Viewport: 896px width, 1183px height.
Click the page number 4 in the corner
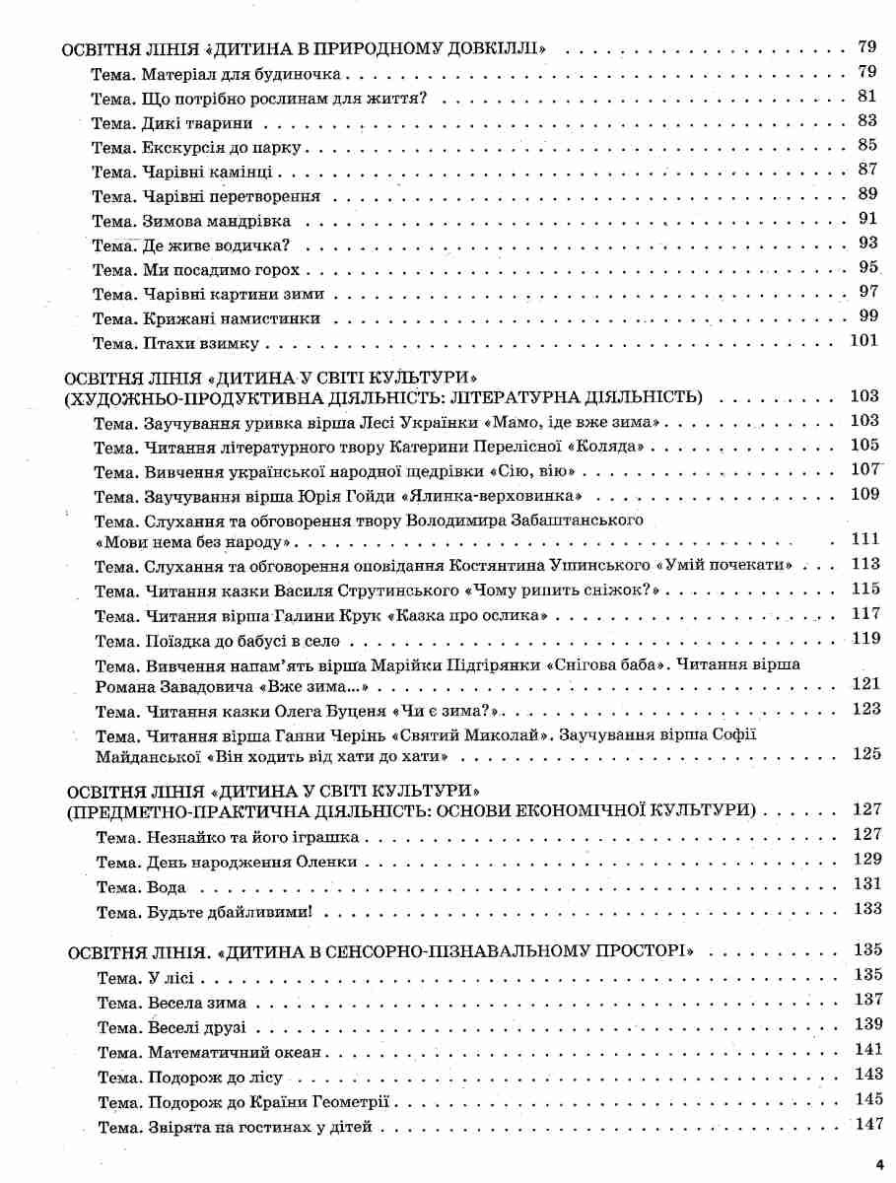click(879, 1166)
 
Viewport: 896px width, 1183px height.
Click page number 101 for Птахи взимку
click(862, 341)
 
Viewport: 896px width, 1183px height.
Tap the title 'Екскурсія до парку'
click(227, 147)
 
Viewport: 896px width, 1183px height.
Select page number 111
click(864, 539)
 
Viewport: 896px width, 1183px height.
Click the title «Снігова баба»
click(612, 664)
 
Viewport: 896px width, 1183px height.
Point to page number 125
click(864, 754)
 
